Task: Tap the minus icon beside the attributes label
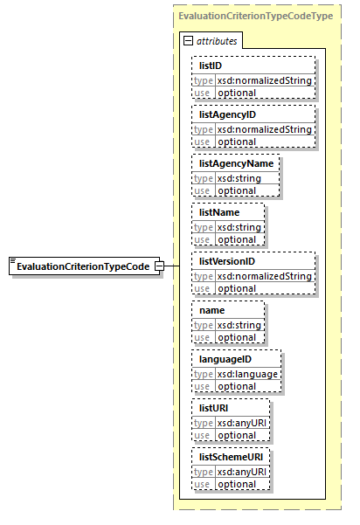click(x=187, y=41)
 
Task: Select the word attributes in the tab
click(x=216, y=41)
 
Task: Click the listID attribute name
click(x=211, y=66)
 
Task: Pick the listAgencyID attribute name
click(x=226, y=114)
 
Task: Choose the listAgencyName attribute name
click(x=236, y=163)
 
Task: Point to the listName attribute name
click(x=219, y=212)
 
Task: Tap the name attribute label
click(x=212, y=310)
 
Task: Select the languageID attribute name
click(x=225, y=359)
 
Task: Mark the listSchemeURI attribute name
click(x=230, y=457)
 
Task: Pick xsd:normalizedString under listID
click(x=263, y=80)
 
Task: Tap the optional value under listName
click(x=236, y=239)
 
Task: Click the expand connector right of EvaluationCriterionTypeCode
click(x=160, y=266)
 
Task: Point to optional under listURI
click(x=236, y=435)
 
